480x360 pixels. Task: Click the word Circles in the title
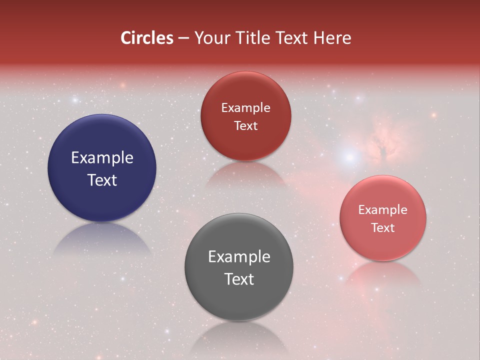[x=147, y=38]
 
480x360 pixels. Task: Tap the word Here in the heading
[x=332, y=38]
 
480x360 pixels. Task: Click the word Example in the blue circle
[x=102, y=158]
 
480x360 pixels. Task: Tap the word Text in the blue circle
[x=102, y=180]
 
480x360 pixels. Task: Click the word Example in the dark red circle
[x=245, y=108]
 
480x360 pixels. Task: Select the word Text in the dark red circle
[x=245, y=126]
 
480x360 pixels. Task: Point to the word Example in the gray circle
[x=239, y=257]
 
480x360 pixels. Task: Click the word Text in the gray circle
[x=239, y=279]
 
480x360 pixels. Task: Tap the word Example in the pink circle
[x=383, y=210]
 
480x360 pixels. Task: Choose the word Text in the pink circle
[x=383, y=228]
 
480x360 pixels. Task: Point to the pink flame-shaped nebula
[x=382, y=142]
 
